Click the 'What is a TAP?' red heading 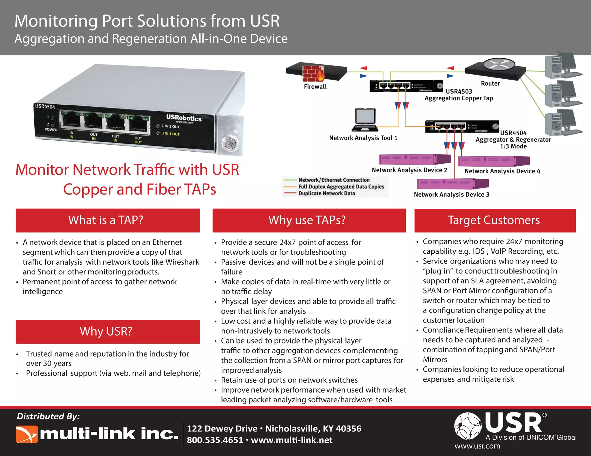click(x=106, y=220)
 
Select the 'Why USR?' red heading click(x=106, y=331)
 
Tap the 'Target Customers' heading click(x=494, y=220)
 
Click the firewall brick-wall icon click(x=313, y=73)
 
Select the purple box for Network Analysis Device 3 click(x=452, y=183)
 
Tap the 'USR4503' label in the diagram click(x=459, y=91)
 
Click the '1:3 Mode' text click(x=513, y=146)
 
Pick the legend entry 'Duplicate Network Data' click(x=326, y=193)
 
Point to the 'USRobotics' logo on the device click(x=184, y=118)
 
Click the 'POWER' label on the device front click(x=51, y=129)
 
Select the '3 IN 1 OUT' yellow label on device click(x=170, y=134)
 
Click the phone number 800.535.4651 click(x=215, y=440)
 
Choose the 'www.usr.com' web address click(x=477, y=446)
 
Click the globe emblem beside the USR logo click(x=467, y=426)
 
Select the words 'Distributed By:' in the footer click(x=48, y=416)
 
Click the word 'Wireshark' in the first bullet click(x=182, y=262)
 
